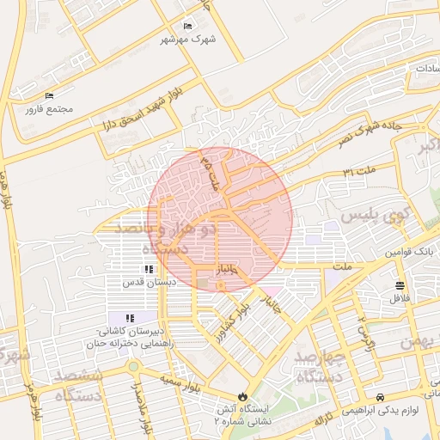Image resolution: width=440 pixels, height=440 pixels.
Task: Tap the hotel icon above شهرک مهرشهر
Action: pos(187,27)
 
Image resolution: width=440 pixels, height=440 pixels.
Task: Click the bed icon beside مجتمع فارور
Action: pos(49,95)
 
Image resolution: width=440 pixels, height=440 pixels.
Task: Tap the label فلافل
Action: pos(400,298)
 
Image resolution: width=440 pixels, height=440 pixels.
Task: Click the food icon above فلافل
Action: pos(400,285)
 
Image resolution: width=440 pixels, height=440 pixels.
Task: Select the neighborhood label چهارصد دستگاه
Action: pos(319,365)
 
